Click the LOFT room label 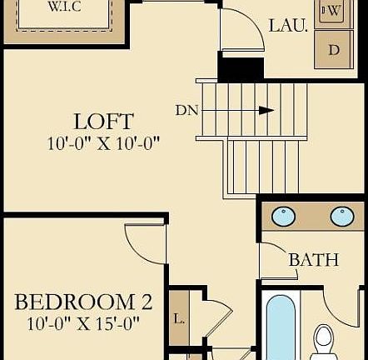pyautogui.click(x=103, y=121)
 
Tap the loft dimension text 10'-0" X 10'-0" pyautogui.click(x=103, y=142)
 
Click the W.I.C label pyautogui.click(x=64, y=8)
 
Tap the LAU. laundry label pyautogui.click(x=288, y=26)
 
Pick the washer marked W pyautogui.click(x=332, y=11)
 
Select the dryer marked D pyautogui.click(x=333, y=49)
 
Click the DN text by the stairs pyautogui.click(x=187, y=109)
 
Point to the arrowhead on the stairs pyautogui.click(x=268, y=109)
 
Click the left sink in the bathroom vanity pyautogui.click(x=284, y=217)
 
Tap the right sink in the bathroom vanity pyautogui.click(x=341, y=217)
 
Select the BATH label pyautogui.click(x=313, y=260)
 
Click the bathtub pyautogui.click(x=279, y=329)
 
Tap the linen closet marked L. pyautogui.click(x=179, y=318)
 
